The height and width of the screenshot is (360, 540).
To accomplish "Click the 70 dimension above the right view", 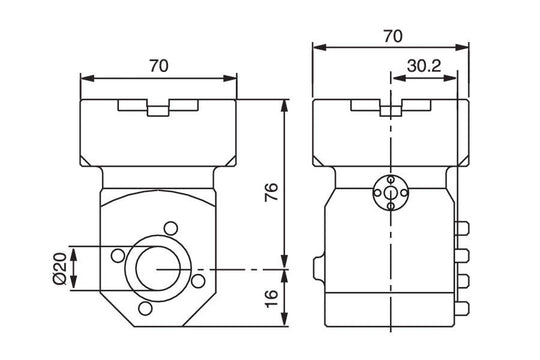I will point(392,35).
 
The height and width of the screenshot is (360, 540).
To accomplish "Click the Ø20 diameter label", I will point(58,269).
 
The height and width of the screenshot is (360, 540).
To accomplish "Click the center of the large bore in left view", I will point(157,268).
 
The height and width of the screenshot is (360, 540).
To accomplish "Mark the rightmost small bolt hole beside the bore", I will point(198,282).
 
